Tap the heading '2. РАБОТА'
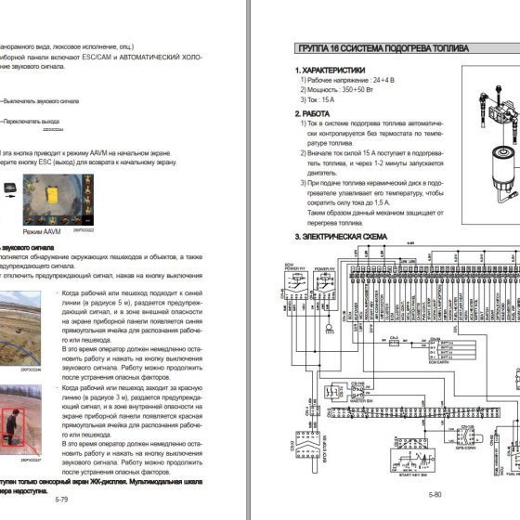point(317,114)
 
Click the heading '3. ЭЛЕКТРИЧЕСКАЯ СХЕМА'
point(339,237)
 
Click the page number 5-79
point(61,500)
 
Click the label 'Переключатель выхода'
point(32,120)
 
